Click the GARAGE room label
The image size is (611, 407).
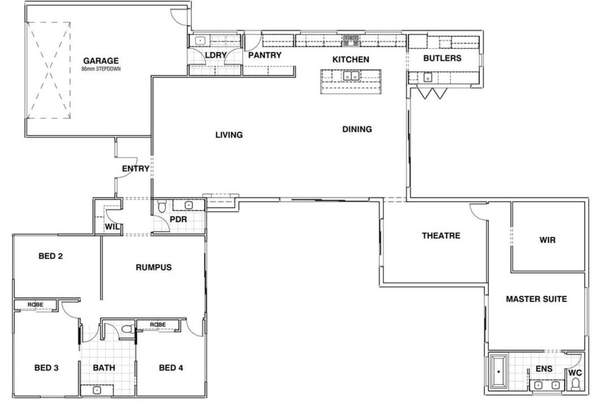(101, 60)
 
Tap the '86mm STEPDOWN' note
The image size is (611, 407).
(101, 69)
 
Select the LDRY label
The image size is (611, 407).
(216, 55)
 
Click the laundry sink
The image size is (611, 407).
(200, 40)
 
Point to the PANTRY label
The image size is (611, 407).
(265, 55)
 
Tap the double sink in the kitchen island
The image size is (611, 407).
(351, 76)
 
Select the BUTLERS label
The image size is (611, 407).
(442, 58)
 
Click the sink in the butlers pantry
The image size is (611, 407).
(428, 77)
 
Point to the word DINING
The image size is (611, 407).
(357, 129)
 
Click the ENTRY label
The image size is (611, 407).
(136, 168)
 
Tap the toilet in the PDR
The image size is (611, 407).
(162, 206)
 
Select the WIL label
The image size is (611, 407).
(112, 227)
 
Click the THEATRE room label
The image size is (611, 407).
(441, 236)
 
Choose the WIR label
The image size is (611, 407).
(548, 240)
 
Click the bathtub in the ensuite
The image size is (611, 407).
(498, 371)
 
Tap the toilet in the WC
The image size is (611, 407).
(575, 385)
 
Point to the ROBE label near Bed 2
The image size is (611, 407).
(36, 305)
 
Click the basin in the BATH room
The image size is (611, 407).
(97, 390)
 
